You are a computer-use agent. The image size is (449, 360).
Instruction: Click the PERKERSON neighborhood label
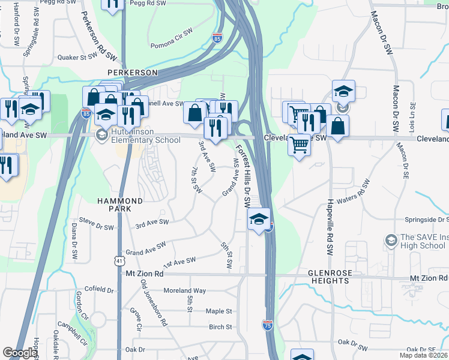[132, 72]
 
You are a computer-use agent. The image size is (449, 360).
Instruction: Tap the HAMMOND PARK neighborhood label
[121, 205]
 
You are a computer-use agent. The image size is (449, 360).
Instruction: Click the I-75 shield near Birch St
[267, 325]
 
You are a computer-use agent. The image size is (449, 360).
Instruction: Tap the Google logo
[20, 353]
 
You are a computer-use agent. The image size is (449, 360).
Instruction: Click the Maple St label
[218, 311]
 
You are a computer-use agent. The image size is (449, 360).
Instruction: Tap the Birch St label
[220, 327]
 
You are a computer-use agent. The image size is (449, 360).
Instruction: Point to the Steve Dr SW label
[96, 227]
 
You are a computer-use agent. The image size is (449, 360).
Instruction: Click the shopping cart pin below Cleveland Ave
[299, 145]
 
